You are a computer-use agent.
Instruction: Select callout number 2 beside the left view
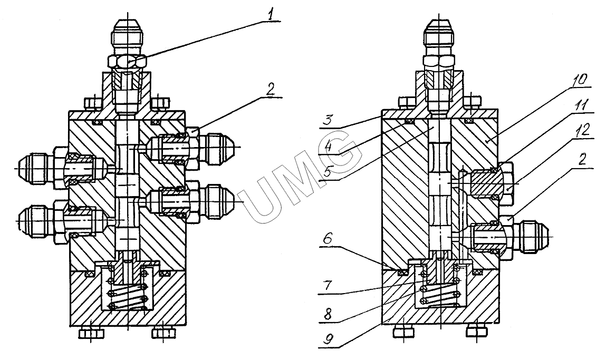point(271,90)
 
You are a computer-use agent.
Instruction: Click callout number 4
point(328,147)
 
